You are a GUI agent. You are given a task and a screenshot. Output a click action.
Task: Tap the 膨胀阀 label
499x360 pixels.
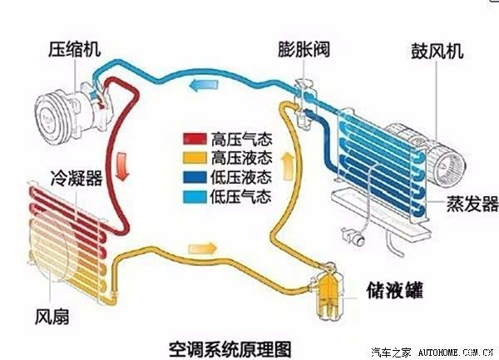coord(304,49)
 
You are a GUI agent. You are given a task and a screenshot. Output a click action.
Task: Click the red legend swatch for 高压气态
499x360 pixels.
coord(197,138)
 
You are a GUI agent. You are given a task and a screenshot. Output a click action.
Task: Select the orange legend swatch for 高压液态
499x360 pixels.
coord(197,157)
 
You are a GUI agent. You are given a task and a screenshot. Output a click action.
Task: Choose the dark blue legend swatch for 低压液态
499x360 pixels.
coord(197,176)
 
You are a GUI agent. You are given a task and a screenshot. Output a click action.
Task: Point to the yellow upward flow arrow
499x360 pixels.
coord(289,164)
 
